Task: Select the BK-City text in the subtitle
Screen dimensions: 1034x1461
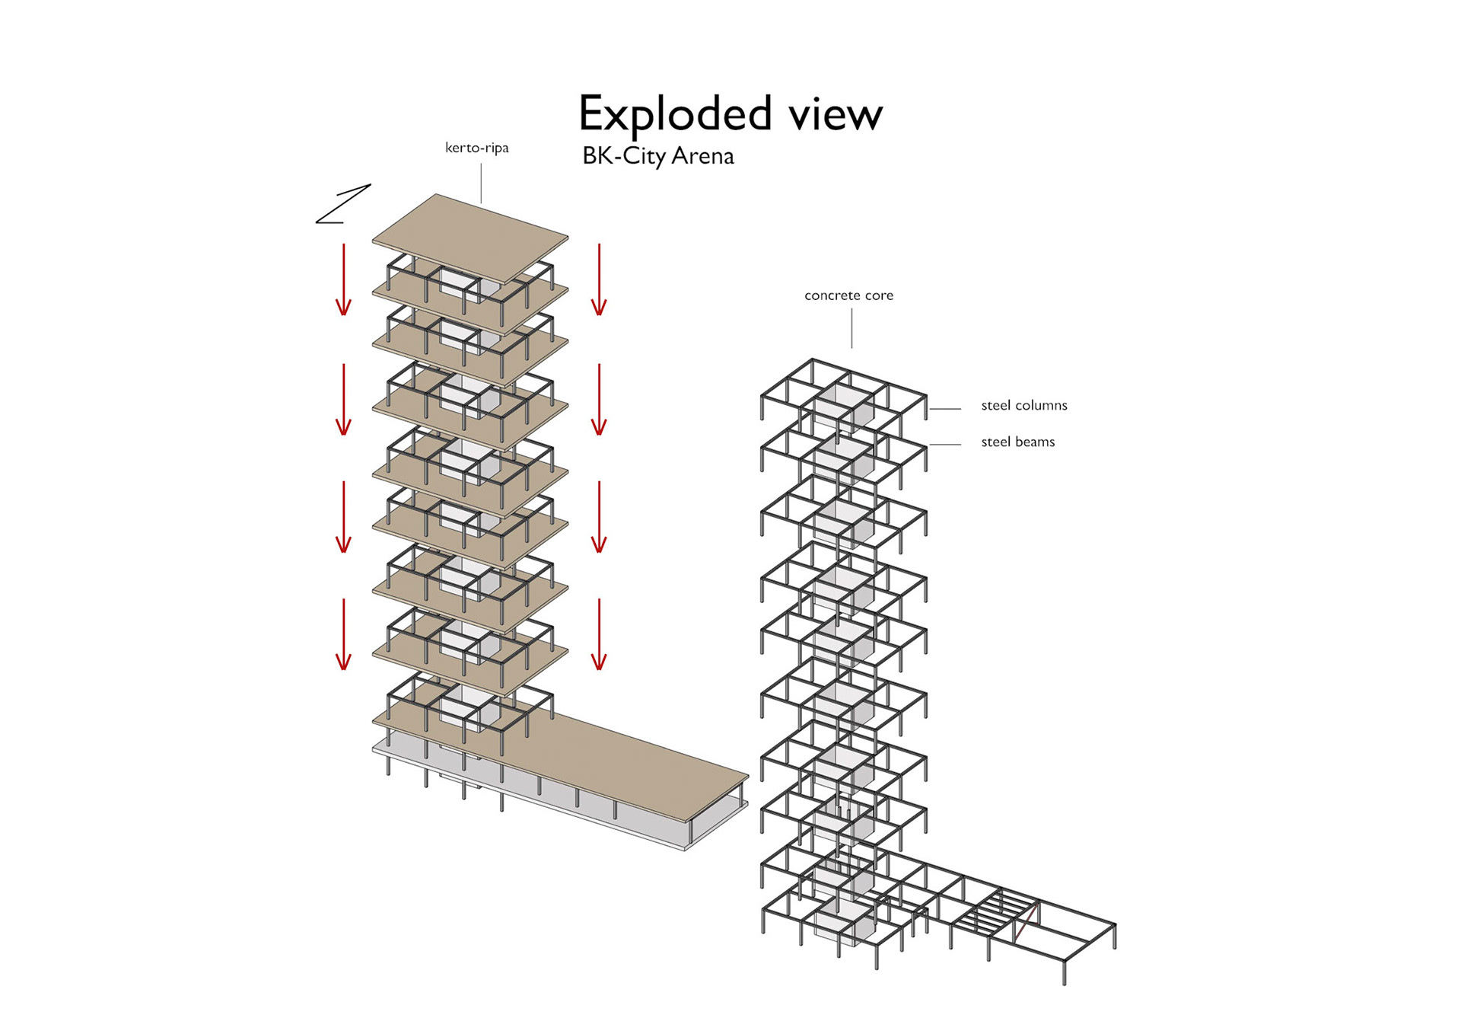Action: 623,156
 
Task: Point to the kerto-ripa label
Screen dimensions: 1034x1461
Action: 476,148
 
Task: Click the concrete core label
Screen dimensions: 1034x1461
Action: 848,295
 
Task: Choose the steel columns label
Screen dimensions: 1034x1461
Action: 1023,406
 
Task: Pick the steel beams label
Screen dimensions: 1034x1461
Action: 1017,442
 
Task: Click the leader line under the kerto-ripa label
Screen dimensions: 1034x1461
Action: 481,182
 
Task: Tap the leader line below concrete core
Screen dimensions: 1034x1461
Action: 851,328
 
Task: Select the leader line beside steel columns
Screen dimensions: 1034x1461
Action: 944,409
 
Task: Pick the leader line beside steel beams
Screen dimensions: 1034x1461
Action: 944,445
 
